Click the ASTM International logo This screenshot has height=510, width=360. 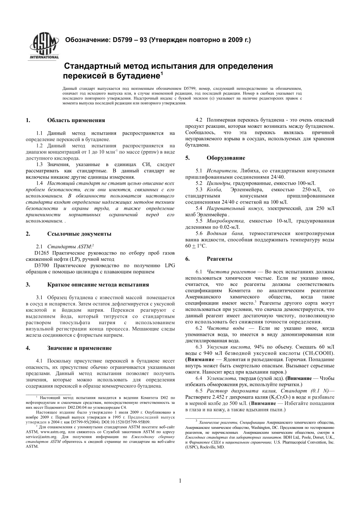(x=44, y=47)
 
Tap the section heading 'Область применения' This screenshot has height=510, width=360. (x=76, y=121)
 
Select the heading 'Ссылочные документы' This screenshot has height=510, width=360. (x=79, y=234)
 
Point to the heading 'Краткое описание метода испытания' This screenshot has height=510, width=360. (x=98, y=285)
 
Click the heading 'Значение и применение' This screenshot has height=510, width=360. (x=79, y=348)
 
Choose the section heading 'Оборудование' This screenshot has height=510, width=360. (x=226, y=158)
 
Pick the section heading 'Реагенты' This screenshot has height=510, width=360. (x=219, y=259)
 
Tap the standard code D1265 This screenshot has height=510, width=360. (x=42, y=253)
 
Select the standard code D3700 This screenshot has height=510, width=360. (x=42, y=265)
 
